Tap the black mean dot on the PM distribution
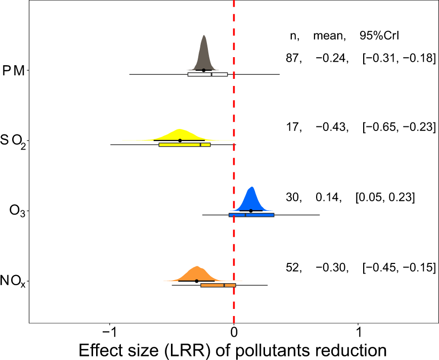coord(204,70)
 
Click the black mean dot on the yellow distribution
coord(180,141)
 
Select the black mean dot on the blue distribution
coord(251,210)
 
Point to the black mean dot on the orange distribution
coord(197,281)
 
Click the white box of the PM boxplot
coord(207,74)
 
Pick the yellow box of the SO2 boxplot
coord(184,145)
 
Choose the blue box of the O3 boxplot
coord(251,215)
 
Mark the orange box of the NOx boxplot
coord(218,285)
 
